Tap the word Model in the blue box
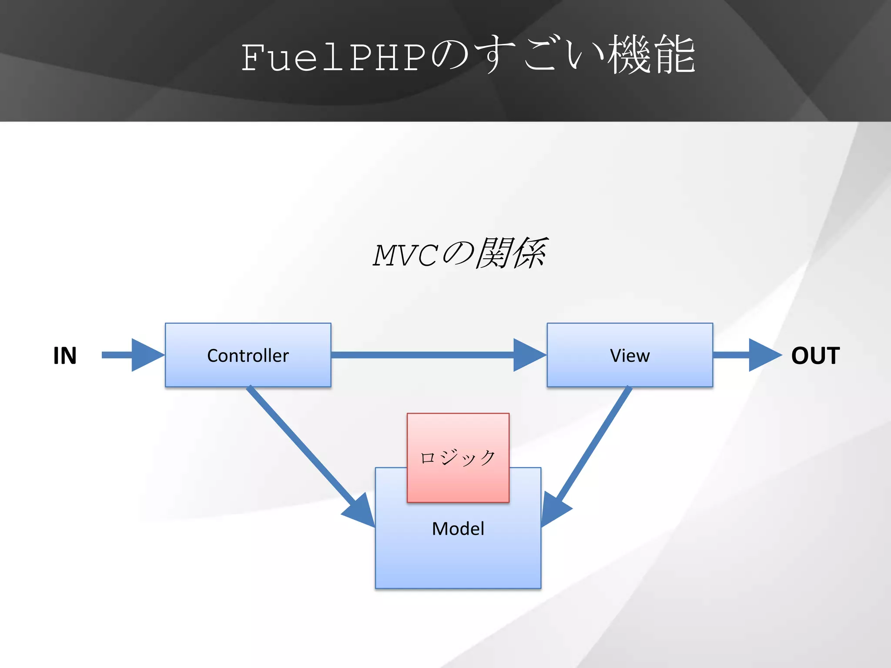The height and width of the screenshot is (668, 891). [x=458, y=529]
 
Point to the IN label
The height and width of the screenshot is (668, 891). [x=65, y=355]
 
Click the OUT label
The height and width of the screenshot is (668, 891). [x=815, y=355]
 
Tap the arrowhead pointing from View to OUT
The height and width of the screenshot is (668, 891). [x=764, y=355]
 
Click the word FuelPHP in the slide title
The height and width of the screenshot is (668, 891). [x=333, y=58]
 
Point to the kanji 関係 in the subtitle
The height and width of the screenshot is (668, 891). [x=511, y=253]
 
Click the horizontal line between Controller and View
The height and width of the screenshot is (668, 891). [x=422, y=355]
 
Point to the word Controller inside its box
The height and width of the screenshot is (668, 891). [x=248, y=356]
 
